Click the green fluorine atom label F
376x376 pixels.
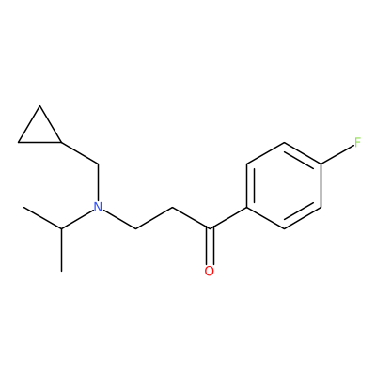pyautogui.click(x=358, y=143)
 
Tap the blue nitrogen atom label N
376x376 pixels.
pyautogui.click(x=99, y=207)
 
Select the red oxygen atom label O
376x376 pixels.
pyautogui.click(x=210, y=272)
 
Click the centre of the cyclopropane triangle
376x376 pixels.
pyautogui.click(x=39, y=130)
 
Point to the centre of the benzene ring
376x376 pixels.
pyautogui.click(x=284, y=186)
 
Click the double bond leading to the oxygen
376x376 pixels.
pyautogui.click(x=210, y=246)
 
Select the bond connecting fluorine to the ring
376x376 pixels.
pyautogui.click(x=337, y=155)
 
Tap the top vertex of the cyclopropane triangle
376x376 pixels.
pyautogui.click(x=39, y=106)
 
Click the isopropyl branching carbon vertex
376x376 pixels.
pyautogui.click(x=61, y=228)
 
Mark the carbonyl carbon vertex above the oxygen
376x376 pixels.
pyautogui.click(x=210, y=228)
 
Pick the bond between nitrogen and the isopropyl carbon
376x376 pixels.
pyautogui.click(x=78, y=219)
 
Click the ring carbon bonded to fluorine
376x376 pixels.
pyautogui.click(x=321, y=164)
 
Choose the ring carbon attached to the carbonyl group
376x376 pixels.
pyautogui.click(x=247, y=207)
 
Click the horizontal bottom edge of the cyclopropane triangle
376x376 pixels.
pyautogui.click(x=39, y=143)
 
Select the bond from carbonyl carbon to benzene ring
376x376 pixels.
pyautogui.click(x=228, y=218)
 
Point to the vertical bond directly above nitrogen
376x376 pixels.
pyautogui.click(x=99, y=182)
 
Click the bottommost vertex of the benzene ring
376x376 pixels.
pyautogui.click(x=284, y=228)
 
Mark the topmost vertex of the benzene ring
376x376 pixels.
pyautogui.click(x=284, y=143)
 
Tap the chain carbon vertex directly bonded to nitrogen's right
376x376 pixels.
pyautogui.click(x=135, y=228)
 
